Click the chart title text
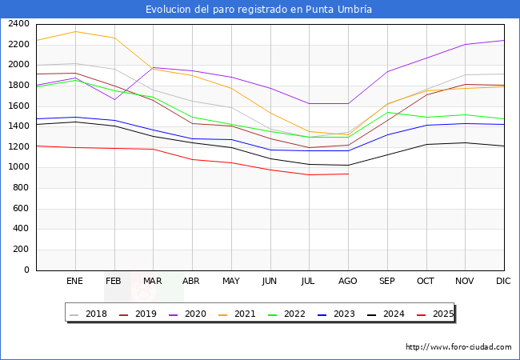[259, 10]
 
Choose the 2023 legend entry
[337, 314]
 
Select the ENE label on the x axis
[74, 281]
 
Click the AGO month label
[348, 281]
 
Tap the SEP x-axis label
[387, 281]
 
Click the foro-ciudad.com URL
[458, 347]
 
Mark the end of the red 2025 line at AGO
[348, 174]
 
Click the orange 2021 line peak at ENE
[74, 31]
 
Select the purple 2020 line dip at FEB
[114, 99]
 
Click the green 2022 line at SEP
[387, 112]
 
